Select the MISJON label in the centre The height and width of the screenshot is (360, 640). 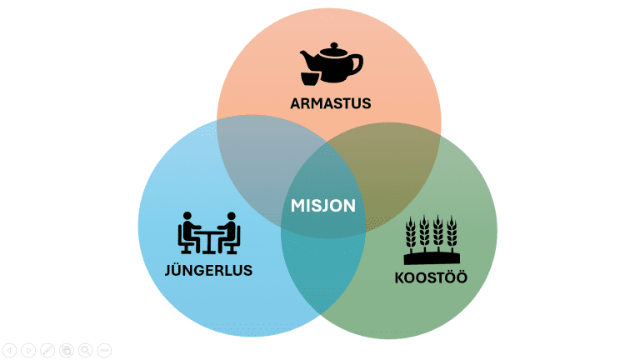click(323, 205)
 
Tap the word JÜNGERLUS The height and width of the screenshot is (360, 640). click(208, 270)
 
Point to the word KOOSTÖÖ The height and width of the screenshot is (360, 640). click(430, 277)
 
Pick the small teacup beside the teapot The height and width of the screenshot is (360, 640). click(309, 77)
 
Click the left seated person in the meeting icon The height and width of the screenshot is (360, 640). click(187, 232)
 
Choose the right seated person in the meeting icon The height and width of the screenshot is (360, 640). click(231, 232)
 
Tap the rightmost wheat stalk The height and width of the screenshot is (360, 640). click(452, 232)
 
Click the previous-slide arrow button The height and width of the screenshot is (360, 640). click(9, 351)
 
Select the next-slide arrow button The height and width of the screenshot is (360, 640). click(28, 351)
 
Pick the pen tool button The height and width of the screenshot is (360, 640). click(47, 351)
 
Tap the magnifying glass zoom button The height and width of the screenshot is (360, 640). click(85, 351)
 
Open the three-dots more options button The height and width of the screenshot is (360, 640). click(104, 351)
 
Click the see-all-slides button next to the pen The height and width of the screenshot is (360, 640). click(67, 351)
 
